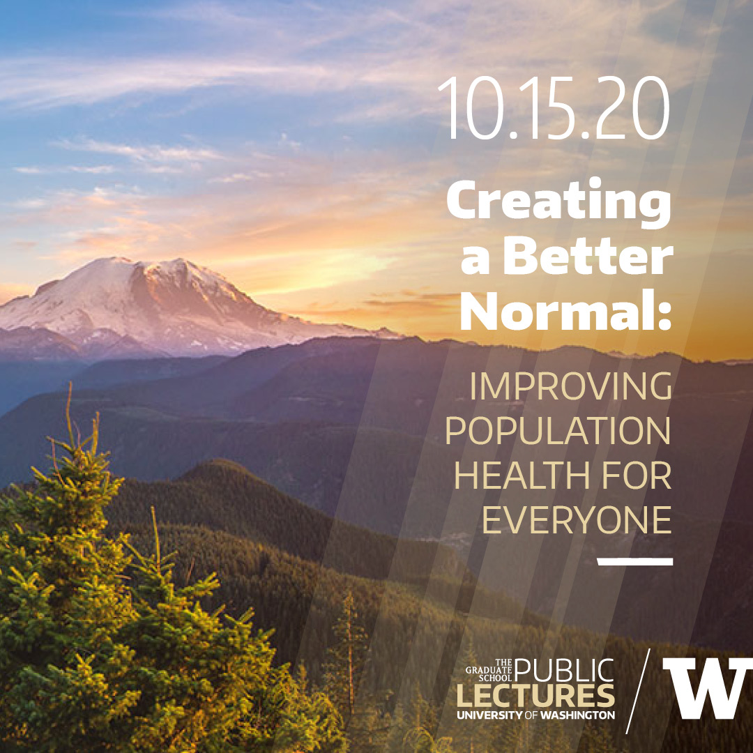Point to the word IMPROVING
570,386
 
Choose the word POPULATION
558,430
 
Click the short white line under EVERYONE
634,561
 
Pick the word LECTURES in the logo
535,697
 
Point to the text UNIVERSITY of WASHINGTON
535,715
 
